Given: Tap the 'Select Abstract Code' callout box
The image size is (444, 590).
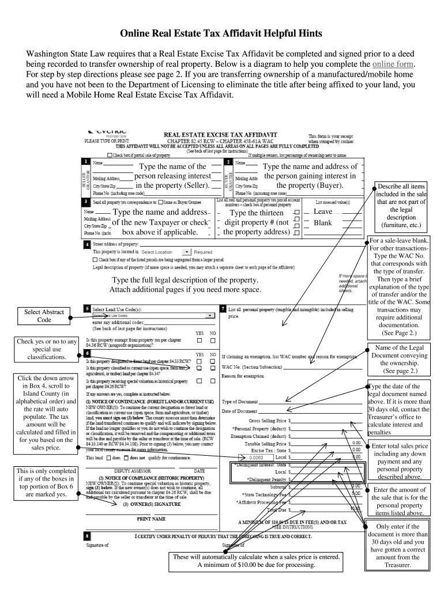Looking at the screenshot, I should tap(44, 316).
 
